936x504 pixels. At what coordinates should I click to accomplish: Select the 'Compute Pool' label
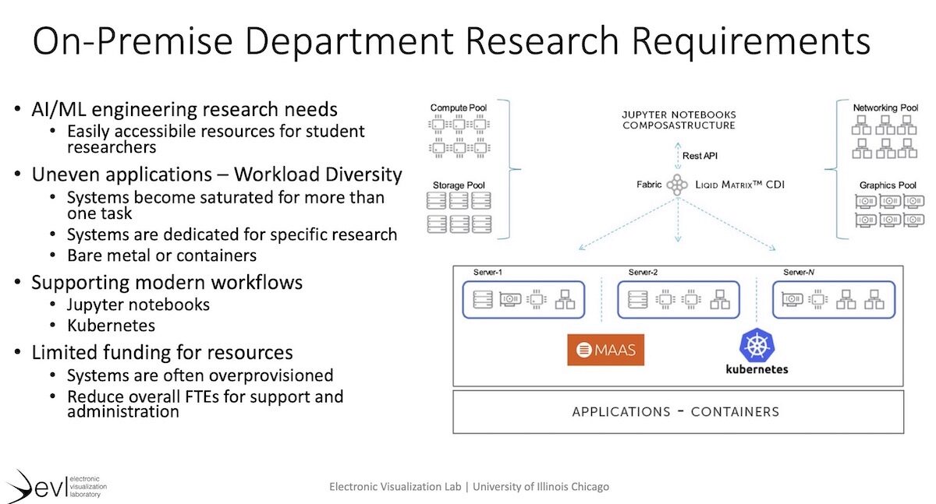459,107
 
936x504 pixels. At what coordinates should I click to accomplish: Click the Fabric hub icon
675,185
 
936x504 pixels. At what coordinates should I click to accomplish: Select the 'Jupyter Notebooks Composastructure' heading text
678,119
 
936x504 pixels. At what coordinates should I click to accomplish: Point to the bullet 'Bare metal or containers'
161,255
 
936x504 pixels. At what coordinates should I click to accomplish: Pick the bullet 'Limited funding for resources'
162,352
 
